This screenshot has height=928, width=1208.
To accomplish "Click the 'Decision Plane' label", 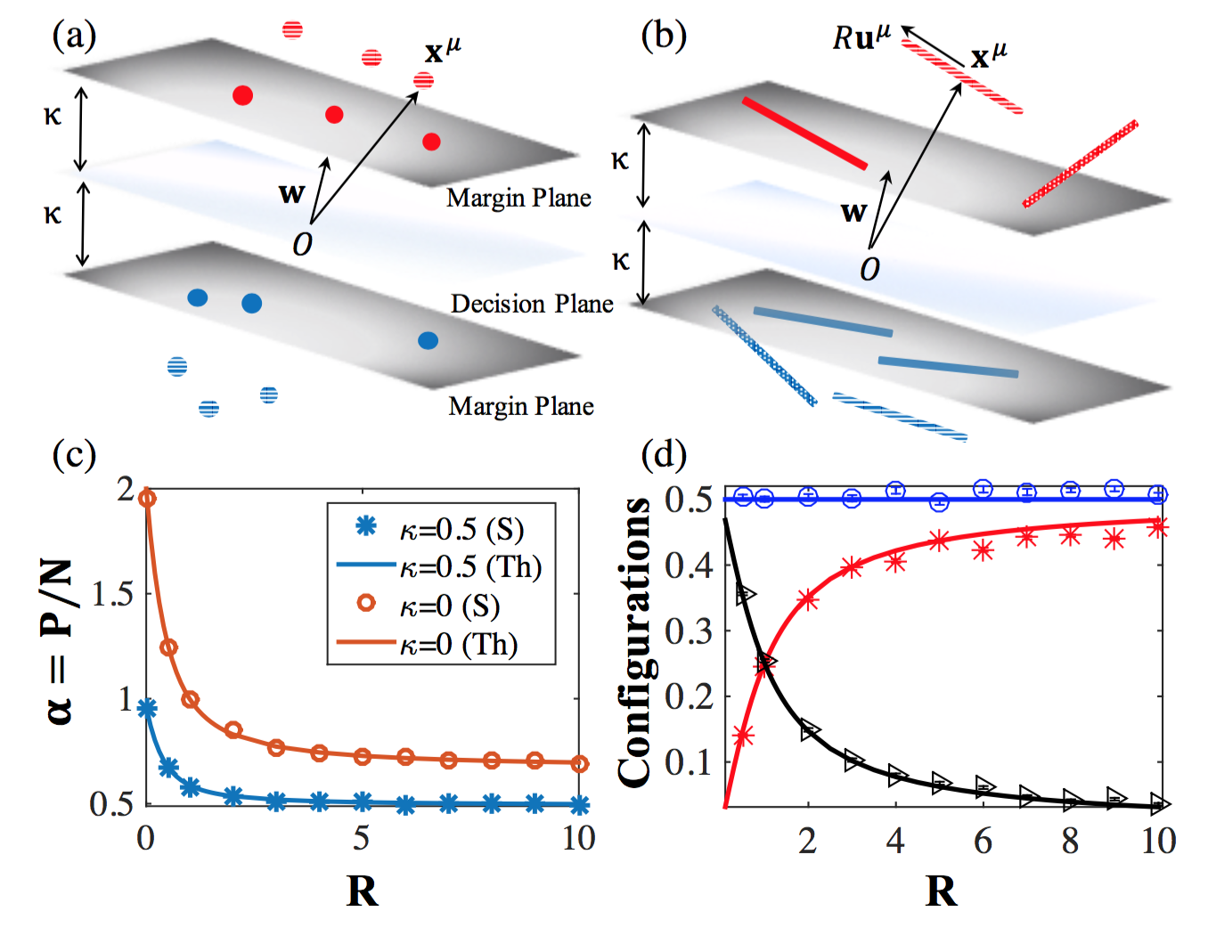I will [x=532, y=305].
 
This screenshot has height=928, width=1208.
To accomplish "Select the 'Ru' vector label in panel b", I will [x=861, y=37].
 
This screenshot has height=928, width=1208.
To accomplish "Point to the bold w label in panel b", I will [x=853, y=212].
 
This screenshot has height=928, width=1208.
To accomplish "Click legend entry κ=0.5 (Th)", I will [x=470, y=566].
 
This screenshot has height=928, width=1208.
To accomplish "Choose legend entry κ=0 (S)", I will [x=449, y=606].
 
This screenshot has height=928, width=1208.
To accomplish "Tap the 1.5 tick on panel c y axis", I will [x=113, y=594].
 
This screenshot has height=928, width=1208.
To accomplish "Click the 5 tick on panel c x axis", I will [x=361, y=838].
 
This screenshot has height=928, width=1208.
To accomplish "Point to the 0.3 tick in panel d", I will [x=689, y=631].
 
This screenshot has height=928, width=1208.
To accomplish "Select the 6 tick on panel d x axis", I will [x=983, y=841].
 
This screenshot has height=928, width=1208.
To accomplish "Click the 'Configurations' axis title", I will [x=635, y=641].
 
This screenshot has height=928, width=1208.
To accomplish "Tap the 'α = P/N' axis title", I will [x=59, y=641].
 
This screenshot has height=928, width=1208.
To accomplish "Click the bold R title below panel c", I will [x=362, y=891].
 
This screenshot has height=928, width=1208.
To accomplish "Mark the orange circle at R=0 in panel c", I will [x=148, y=499].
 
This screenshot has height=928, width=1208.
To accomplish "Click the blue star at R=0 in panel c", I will [x=147, y=708].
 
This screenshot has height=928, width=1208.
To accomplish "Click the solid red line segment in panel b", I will [x=804, y=134].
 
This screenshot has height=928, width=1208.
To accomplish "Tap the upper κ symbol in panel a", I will [x=53, y=115].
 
